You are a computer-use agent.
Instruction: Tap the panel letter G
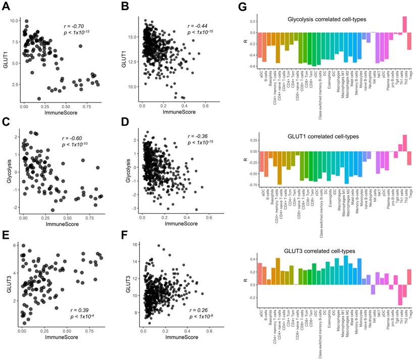click(x=242, y=7)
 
